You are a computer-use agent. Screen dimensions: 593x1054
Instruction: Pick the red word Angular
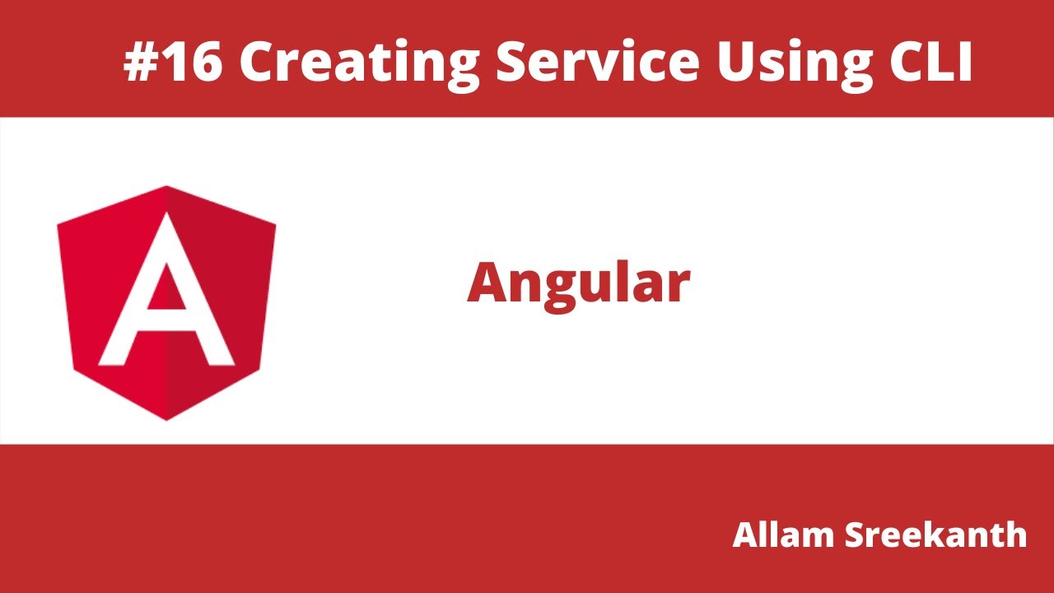(578, 282)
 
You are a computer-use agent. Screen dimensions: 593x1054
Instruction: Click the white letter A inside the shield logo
(167, 296)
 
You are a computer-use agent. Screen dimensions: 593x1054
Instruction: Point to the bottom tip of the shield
(167, 418)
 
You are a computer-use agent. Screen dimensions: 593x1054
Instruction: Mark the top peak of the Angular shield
(167, 187)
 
